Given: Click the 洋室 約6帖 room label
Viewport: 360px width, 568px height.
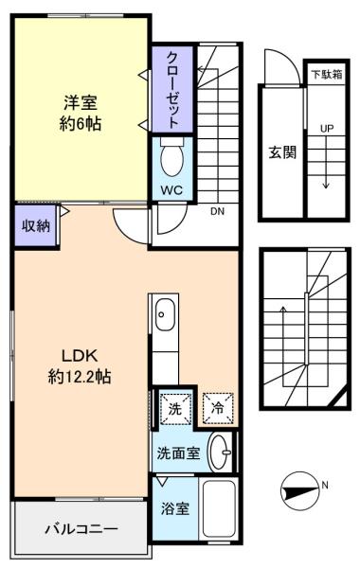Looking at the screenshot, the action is tap(81, 113).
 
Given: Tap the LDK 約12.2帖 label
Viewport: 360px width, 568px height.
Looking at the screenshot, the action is tap(80, 366).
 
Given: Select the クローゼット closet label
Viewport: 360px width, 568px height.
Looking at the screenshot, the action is tap(172, 90).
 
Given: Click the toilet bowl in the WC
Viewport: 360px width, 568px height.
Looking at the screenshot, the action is tap(171, 158).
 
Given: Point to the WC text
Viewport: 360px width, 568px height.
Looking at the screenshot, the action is tap(171, 190).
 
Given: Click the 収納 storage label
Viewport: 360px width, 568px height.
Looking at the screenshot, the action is tap(36, 226).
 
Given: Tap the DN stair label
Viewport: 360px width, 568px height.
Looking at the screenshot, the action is tap(218, 211).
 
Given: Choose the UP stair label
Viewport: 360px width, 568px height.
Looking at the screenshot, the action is tap(327, 128).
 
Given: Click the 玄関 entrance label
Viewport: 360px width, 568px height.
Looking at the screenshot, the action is tap(282, 152).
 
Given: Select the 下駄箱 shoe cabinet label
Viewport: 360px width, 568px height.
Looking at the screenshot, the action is tap(327, 75).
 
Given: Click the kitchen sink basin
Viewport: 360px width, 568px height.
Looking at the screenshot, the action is tap(165, 314).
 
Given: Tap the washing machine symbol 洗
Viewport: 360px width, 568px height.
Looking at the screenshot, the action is tap(175, 409).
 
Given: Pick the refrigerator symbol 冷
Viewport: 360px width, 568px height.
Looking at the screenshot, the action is tap(218, 408).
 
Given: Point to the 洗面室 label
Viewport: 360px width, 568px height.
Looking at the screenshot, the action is tap(178, 453).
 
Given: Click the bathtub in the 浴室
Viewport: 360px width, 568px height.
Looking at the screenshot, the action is tap(219, 508).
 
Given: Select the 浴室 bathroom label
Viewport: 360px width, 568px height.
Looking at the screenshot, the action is tap(175, 509).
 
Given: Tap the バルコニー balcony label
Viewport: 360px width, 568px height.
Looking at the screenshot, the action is tap(81, 529).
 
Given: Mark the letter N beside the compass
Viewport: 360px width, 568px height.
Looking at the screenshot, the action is tap(325, 485).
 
